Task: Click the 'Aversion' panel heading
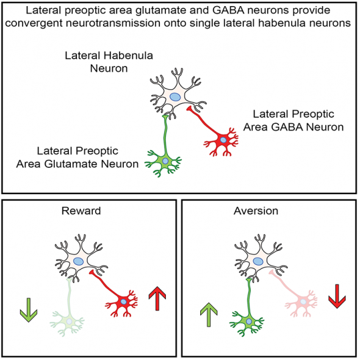coord(256,212)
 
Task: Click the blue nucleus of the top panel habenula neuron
coord(175,96)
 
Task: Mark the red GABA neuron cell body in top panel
coord(223,140)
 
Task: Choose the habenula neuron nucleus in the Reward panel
coord(79,261)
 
